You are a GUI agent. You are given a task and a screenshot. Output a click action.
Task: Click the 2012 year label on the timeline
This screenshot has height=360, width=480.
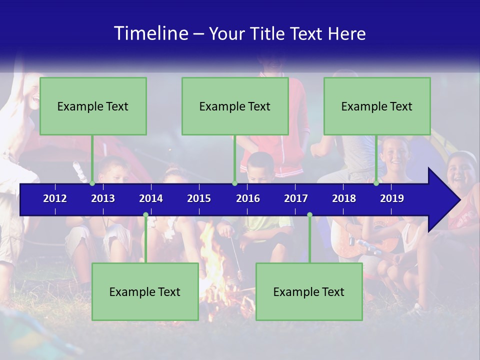pyautogui.click(x=55, y=198)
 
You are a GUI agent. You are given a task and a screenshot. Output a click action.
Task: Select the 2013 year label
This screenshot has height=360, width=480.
pyautogui.click(x=103, y=198)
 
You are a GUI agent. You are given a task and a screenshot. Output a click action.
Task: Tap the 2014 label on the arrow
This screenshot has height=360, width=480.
pyautogui.click(x=151, y=198)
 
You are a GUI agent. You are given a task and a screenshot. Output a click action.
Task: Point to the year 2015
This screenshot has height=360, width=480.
pyautogui.click(x=199, y=198)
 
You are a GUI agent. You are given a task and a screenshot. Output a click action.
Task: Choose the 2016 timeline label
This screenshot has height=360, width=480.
pyautogui.click(x=248, y=198)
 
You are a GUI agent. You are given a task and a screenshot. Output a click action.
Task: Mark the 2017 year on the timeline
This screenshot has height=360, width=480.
pyautogui.click(x=296, y=198)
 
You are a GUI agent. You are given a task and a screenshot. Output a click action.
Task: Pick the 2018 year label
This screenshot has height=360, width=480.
pyautogui.click(x=344, y=198)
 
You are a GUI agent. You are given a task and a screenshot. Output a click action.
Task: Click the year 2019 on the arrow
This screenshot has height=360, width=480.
pyautogui.click(x=392, y=198)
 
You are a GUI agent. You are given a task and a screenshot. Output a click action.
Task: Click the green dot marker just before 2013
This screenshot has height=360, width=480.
pyautogui.click(x=92, y=183)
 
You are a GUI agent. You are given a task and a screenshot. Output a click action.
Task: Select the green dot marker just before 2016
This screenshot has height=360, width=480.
pyautogui.click(x=234, y=183)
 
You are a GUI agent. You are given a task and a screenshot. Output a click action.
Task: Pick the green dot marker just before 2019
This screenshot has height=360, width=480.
pyautogui.click(x=376, y=183)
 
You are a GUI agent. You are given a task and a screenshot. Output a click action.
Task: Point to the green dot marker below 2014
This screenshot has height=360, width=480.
pyautogui.click(x=145, y=215)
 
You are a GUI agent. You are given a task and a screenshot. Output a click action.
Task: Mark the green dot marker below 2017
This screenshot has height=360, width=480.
pyautogui.click(x=309, y=215)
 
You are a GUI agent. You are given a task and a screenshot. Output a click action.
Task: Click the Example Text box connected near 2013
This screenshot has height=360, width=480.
pyautogui.click(x=93, y=106)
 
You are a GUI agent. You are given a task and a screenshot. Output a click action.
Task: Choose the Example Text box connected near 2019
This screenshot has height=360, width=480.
pyautogui.click(x=377, y=106)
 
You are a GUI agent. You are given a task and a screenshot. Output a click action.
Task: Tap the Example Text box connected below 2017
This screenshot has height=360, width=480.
pyautogui.click(x=309, y=291)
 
